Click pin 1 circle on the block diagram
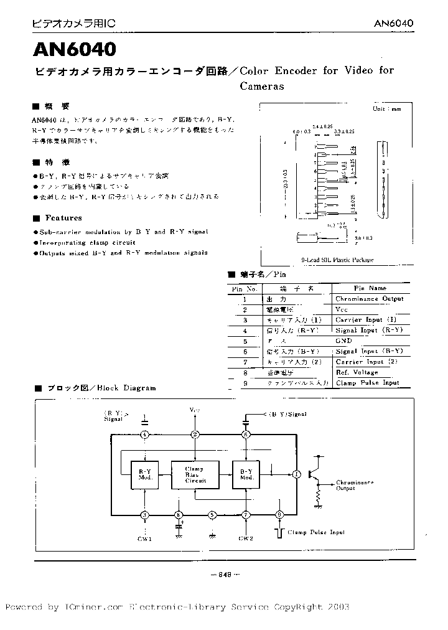tap(296, 474)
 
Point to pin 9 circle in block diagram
tap(279, 515)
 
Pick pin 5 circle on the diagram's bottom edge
tap(212, 515)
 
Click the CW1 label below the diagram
tap(144, 538)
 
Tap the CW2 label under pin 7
tap(246, 538)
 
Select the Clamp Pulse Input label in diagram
tap(315, 532)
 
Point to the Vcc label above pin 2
tap(195, 411)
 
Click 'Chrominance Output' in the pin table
tap(369, 299)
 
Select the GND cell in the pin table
tap(343, 341)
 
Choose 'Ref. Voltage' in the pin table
tap(357, 372)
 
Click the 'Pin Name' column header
tap(370, 288)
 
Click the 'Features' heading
tap(63, 218)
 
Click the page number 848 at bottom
tap(225, 575)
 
